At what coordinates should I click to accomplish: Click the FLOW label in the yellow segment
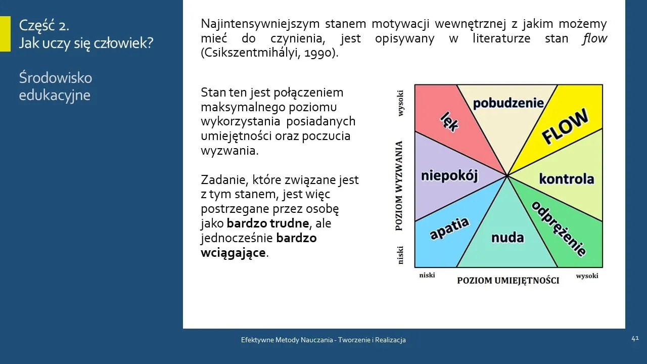[565, 126]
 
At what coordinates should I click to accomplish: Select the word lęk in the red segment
[449, 121]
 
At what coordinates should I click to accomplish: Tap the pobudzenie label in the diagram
[508, 103]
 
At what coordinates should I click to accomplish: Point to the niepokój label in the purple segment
[449, 175]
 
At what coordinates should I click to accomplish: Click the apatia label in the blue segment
[449, 229]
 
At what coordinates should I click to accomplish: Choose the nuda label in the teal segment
[507, 237]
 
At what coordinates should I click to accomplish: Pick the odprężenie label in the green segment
[559, 229]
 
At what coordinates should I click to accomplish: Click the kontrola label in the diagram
[566, 178]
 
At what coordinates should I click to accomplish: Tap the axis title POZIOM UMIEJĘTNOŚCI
[508, 281]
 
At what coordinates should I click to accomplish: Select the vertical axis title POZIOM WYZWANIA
[399, 186]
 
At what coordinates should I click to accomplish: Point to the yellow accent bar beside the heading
[5, 34]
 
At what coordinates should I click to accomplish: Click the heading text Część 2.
[44, 25]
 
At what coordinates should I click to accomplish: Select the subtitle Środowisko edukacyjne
[55, 86]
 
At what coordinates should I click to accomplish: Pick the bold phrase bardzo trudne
[267, 223]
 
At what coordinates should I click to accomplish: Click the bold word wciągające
[233, 252]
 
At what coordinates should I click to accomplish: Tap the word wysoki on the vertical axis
[400, 103]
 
